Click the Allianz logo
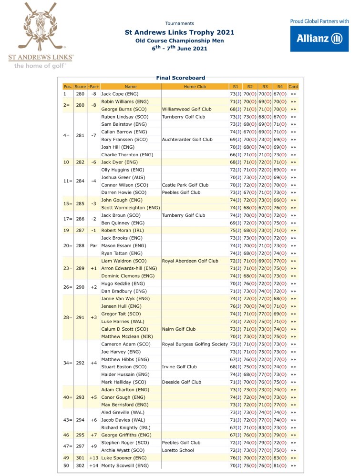pyautogui.click(x=319, y=39)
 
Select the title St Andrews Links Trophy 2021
pyautogui.click(x=179, y=33)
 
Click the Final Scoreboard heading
pyautogui.click(x=181, y=78)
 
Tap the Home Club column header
pyautogui.click(x=195, y=87)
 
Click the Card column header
pyautogui.click(x=293, y=87)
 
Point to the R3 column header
pyautogui.click(x=265, y=87)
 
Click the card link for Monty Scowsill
pyautogui.click(x=293, y=465)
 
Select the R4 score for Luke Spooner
pyautogui.click(x=280, y=457)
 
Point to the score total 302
pyautogui.click(x=80, y=465)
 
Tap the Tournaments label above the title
pyautogui.click(x=179, y=23)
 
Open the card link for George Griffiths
pyautogui.click(x=293, y=435)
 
